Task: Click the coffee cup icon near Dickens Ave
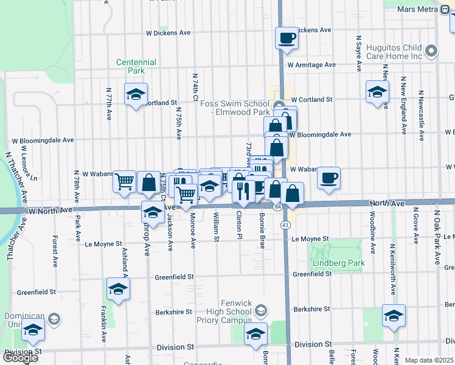pyautogui.click(x=286, y=38)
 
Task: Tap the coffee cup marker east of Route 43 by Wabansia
pyautogui.click(x=328, y=178)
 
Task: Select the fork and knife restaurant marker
pyautogui.click(x=243, y=191)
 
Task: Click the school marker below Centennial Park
pyautogui.click(x=136, y=95)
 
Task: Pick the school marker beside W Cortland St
pyautogui.click(x=377, y=92)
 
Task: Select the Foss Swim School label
pyautogui.click(x=235, y=108)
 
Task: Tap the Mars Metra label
pyautogui.click(x=417, y=9)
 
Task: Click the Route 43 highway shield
pyautogui.click(x=285, y=225)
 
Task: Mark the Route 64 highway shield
pyautogui.click(x=277, y=207)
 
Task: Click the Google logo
pyautogui.click(x=19, y=357)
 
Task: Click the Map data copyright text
pyautogui.click(x=429, y=360)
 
